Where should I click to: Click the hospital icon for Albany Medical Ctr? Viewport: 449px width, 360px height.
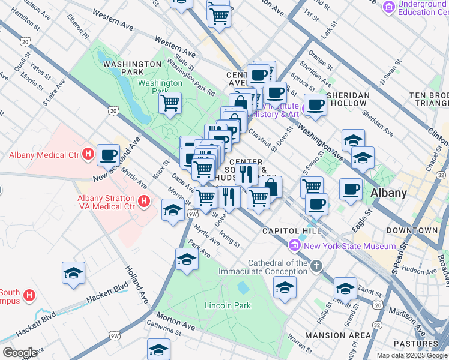point(88,155)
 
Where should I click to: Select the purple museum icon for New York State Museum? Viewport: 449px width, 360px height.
point(294,245)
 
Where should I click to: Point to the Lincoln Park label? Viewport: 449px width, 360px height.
point(228,305)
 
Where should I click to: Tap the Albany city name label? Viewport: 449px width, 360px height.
point(388,193)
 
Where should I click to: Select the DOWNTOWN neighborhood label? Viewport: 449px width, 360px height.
point(412,230)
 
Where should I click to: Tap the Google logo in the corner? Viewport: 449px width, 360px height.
point(20,353)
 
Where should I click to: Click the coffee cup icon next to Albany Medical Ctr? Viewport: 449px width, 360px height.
point(108,155)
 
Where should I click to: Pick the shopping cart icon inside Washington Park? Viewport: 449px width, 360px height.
point(170,103)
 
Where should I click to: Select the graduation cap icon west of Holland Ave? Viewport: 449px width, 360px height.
point(74,273)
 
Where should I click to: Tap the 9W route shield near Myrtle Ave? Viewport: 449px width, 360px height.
point(193,214)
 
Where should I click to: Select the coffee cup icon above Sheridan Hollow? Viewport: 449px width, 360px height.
point(315,105)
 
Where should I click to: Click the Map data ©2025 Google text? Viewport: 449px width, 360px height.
point(412,355)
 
